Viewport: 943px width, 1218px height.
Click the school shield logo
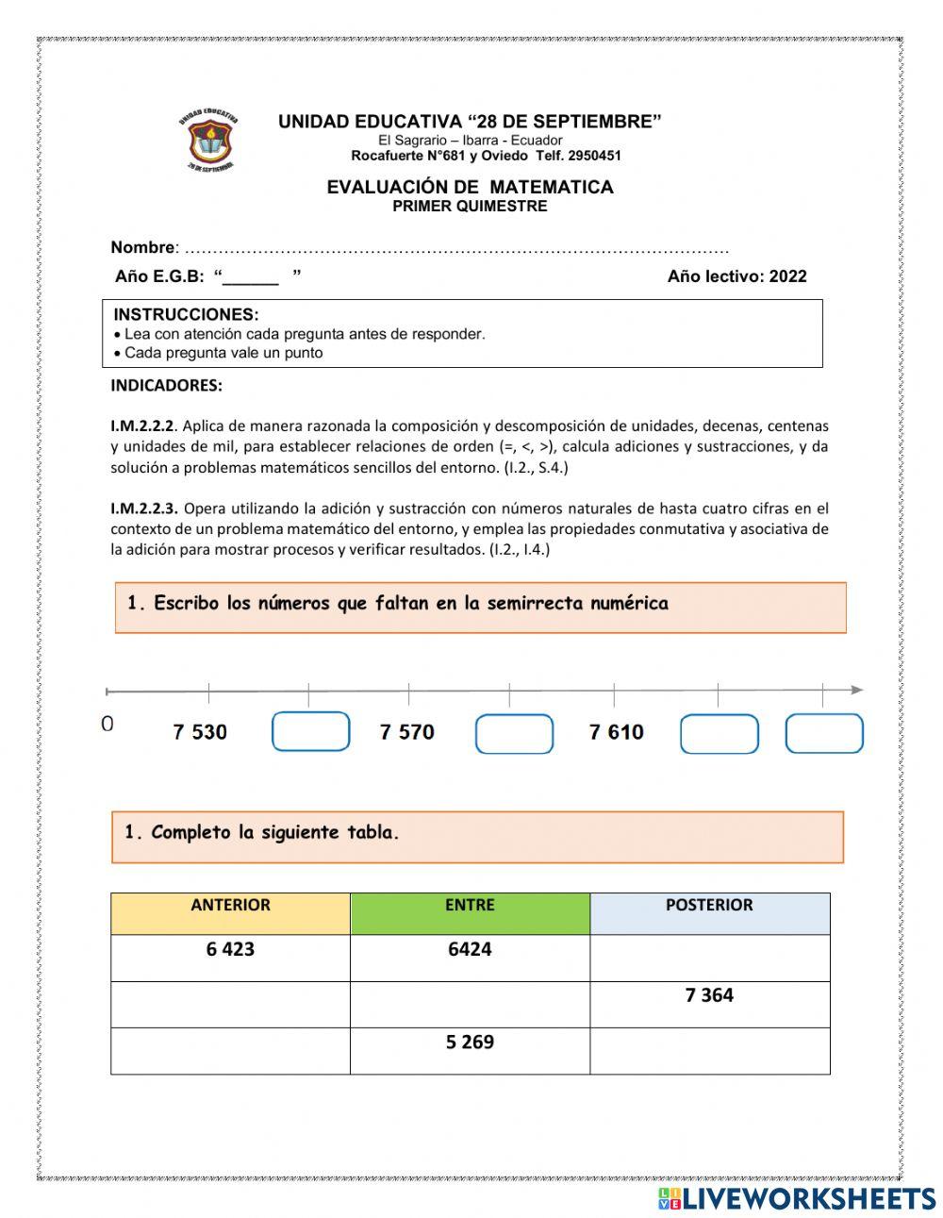(x=208, y=142)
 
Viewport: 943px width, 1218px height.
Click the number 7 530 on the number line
(x=200, y=732)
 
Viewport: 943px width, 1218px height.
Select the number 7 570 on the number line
(x=406, y=732)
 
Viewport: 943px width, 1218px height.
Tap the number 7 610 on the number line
(x=616, y=732)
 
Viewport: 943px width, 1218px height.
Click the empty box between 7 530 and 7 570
(x=310, y=732)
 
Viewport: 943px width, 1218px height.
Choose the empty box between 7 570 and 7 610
(x=514, y=734)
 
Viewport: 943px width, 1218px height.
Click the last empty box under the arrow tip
(x=823, y=734)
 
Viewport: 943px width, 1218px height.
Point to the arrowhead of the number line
(x=856, y=691)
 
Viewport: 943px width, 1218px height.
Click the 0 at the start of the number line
(x=107, y=724)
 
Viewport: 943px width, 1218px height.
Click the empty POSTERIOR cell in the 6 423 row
(x=709, y=958)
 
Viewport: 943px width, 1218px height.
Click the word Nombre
(x=142, y=247)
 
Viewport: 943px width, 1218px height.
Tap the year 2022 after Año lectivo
(x=787, y=276)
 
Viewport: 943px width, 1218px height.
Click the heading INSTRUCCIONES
(x=186, y=314)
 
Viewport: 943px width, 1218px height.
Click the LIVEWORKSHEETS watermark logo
(x=796, y=1198)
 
